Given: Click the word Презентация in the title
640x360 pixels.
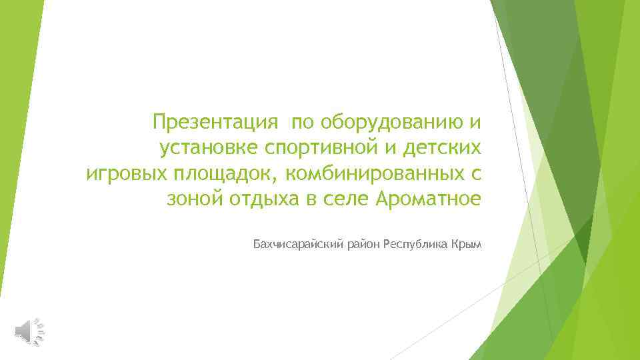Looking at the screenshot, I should (214, 123).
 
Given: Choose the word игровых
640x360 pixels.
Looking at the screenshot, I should (127, 173).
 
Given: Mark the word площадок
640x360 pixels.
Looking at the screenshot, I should (223, 173).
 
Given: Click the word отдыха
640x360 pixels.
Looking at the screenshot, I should (261, 199).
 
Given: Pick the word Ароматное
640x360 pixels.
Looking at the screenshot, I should (428, 199).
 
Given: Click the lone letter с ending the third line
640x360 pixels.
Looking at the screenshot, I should (475, 173).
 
